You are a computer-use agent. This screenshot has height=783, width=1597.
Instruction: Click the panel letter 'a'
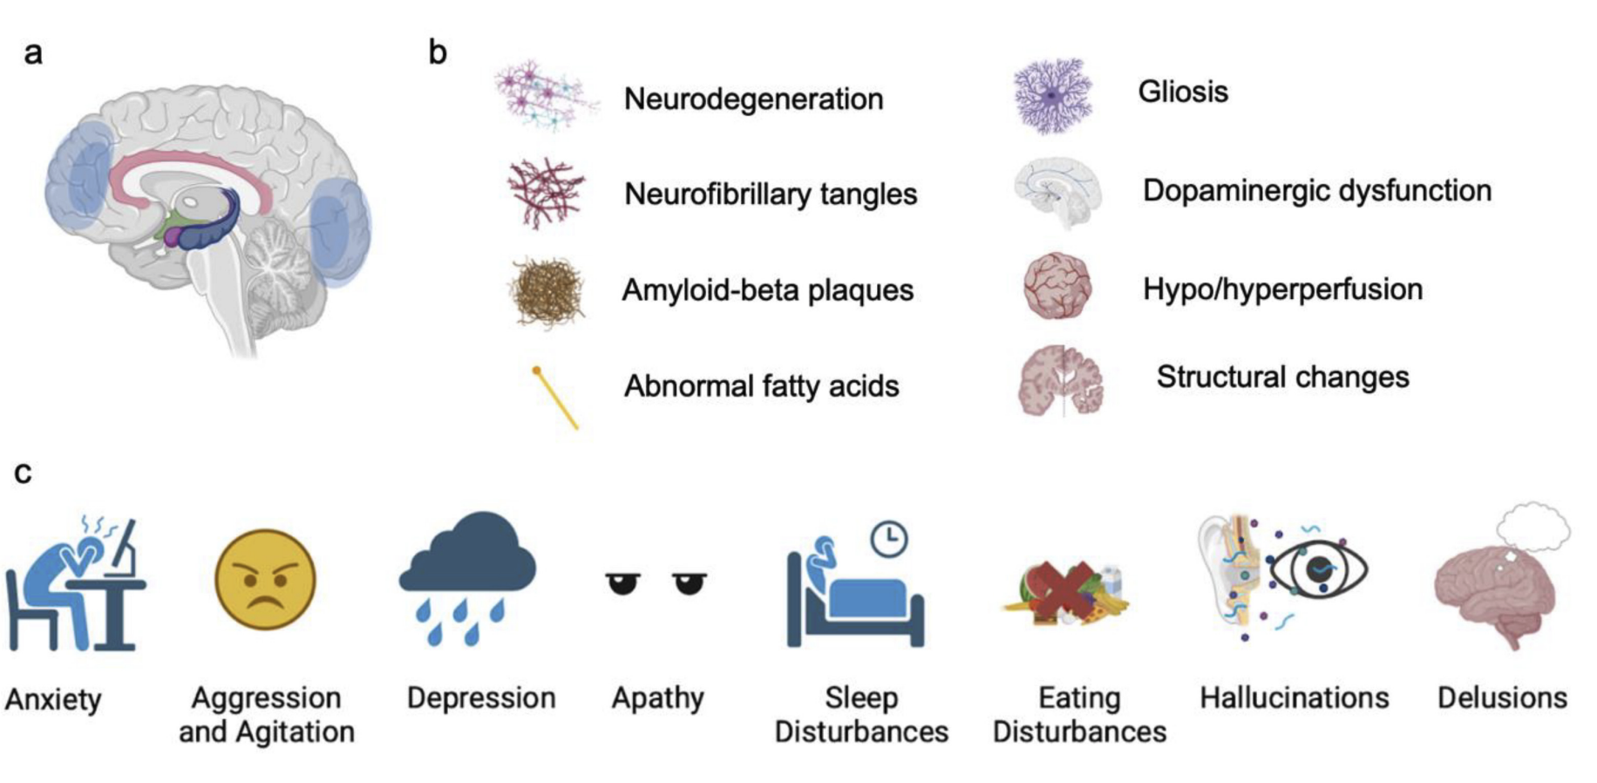pos(33,53)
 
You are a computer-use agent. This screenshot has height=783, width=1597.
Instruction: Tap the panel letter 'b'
pos(438,52)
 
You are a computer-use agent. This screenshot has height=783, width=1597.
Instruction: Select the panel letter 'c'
pos(24,472)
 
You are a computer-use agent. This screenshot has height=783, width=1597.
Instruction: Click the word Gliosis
pos(1183,92)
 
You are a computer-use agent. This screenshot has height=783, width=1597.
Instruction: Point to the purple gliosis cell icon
pos(1053,96)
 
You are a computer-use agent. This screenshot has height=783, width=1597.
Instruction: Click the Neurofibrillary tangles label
pos(771,194)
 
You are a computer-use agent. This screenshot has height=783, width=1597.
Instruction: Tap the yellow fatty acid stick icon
pos(555,398)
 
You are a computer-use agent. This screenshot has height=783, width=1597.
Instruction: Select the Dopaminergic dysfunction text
pos(1316,190)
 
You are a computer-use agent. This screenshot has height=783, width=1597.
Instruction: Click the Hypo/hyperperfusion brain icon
pos(1057,286)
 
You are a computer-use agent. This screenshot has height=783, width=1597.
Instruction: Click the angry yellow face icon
pos(265,579)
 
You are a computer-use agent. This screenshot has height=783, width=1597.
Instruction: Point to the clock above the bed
pos(888,539)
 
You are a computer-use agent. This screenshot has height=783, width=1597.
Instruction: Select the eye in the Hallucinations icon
pos(1318,570)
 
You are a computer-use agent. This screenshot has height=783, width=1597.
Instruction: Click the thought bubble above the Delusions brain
pos(1533,527)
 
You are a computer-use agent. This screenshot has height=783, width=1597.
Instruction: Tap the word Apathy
pos(657,698)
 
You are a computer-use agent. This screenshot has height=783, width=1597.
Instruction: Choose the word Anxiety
pos(53,699)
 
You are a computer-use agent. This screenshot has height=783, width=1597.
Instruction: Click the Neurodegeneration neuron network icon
pos(547,96)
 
